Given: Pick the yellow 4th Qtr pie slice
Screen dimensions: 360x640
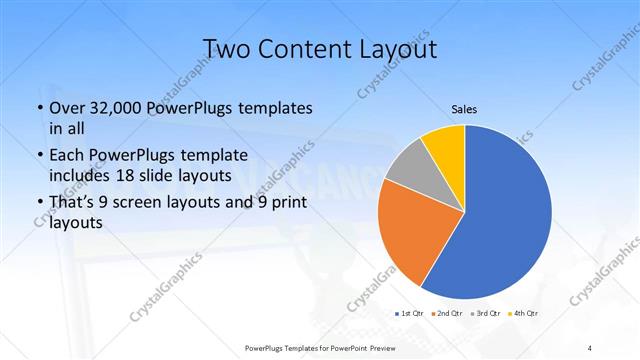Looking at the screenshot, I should [442, 148].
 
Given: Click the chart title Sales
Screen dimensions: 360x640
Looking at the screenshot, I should [463, 109].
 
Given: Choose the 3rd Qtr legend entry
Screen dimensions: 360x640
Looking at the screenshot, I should [486, 314].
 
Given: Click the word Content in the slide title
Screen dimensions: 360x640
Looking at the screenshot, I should [299, 50].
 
